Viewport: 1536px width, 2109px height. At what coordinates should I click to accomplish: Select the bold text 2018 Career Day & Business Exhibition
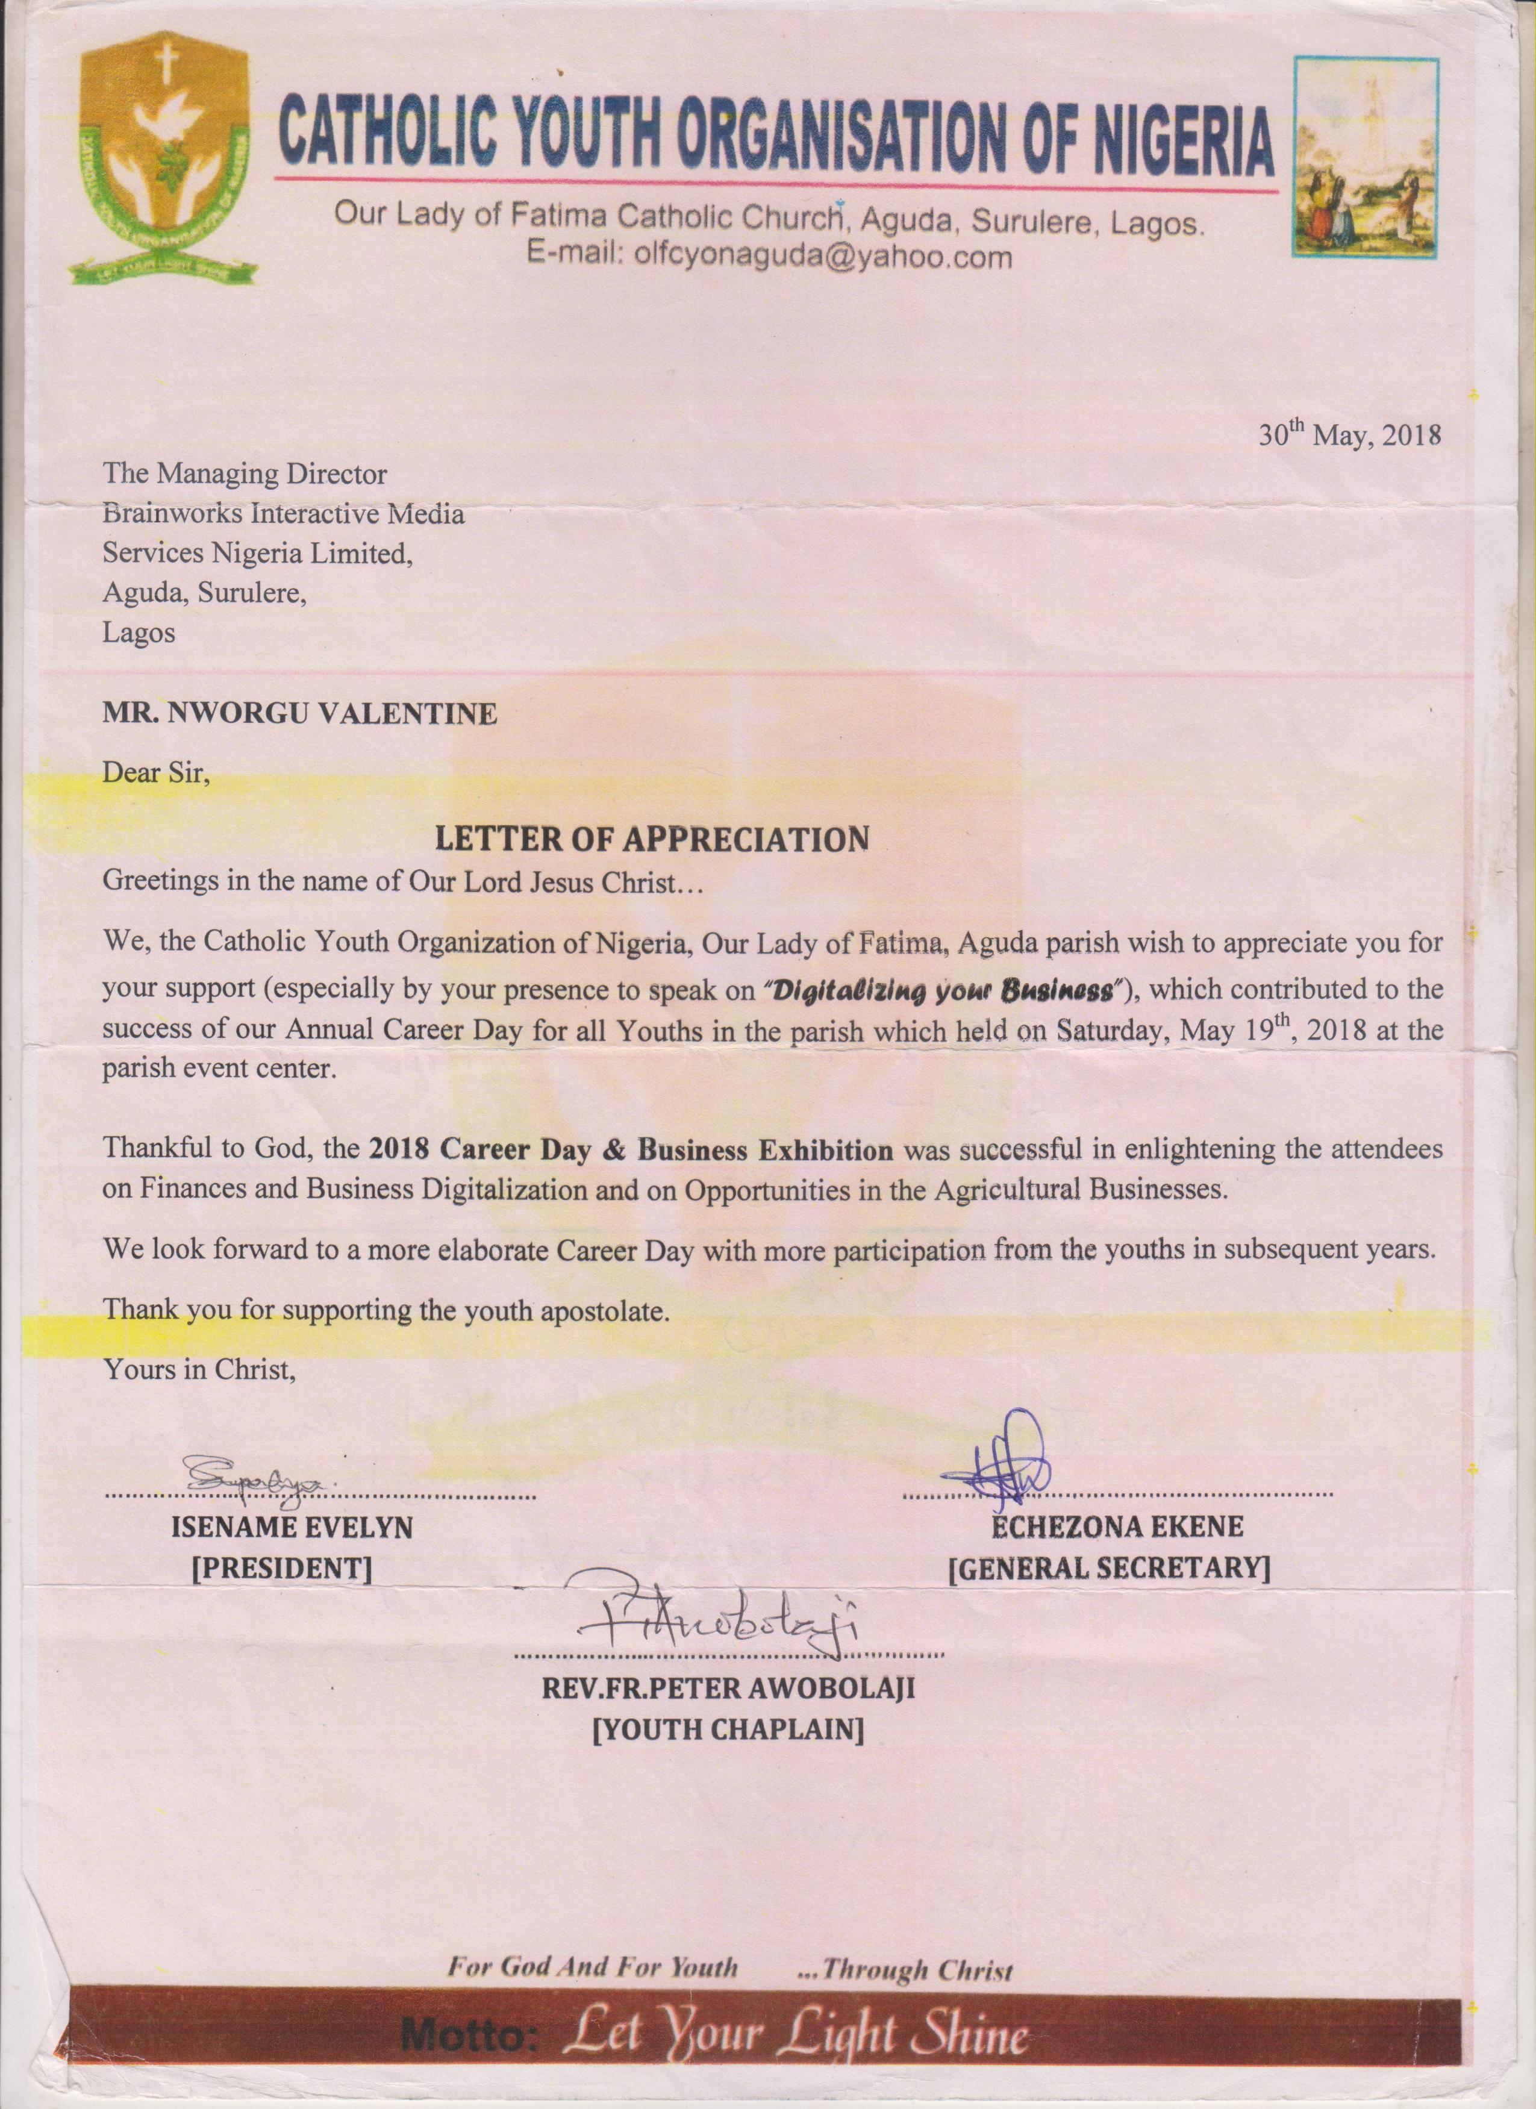click(631, 1150)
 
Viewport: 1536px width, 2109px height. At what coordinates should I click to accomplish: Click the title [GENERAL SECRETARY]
click(1108, 1569)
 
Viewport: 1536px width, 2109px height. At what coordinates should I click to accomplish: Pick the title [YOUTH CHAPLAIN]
click(729, 1729)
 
